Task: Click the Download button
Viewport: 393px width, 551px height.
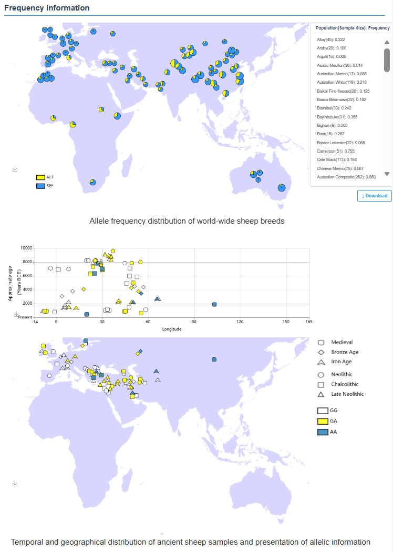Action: click(x=374, y=196)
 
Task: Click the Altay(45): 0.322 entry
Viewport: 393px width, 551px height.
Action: click(x=331, y=39)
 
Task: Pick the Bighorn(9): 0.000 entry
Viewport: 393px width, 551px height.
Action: click(x=332, y=125)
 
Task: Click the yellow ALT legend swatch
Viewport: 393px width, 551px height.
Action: click(x=40, y=177)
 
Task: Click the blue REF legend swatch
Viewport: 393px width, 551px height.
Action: click(x=40, y=186)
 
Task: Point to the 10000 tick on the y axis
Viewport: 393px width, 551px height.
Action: click(x=26, y=248)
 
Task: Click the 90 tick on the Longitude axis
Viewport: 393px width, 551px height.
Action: click(x=194, y=322)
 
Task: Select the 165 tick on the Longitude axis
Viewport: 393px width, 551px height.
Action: click(x=308, y=322)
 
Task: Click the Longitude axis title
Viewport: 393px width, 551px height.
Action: click(x=172, y=329)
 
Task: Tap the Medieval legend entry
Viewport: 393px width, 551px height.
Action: click(x=342, y=342)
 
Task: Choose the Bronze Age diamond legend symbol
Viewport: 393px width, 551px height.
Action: click(x=320, y=352)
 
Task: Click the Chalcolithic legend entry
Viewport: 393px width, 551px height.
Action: click(x=345, y=384)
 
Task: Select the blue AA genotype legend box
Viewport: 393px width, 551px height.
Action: click(x=323, y=432)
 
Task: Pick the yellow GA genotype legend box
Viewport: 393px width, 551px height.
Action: click(x=323, y=421)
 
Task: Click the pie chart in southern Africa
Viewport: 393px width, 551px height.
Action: click(x=92, y=183)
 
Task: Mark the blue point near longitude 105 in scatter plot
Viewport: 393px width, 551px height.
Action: click(x=214, y=305)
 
